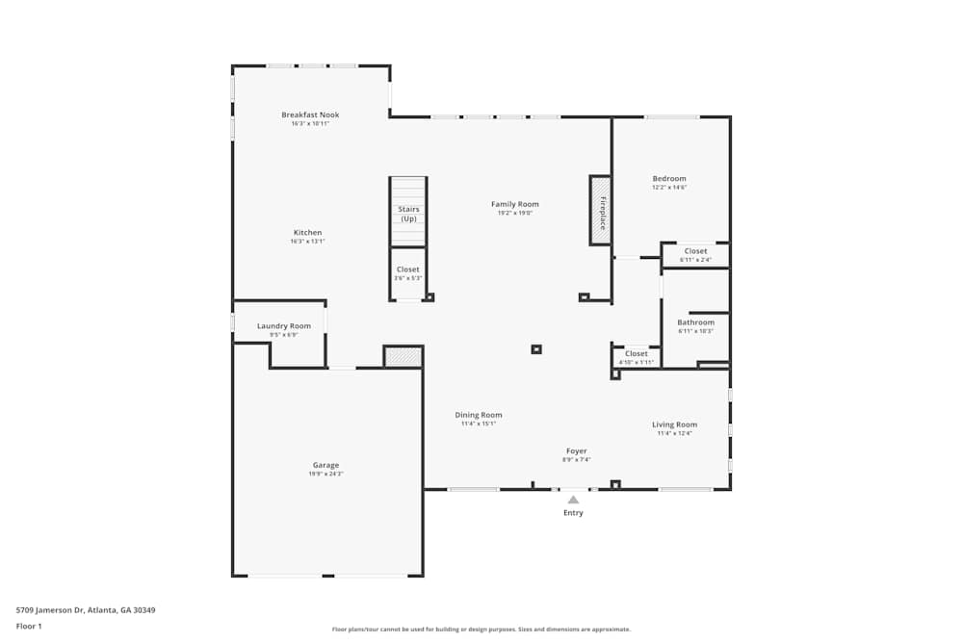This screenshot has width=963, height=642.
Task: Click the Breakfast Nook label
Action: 310,115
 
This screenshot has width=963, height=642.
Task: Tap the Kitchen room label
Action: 307,233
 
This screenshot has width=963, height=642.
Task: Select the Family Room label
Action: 515,204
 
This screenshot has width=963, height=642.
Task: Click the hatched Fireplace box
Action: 600,210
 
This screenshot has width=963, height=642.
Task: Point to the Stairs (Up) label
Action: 408,214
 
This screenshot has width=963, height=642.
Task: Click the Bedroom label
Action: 669,179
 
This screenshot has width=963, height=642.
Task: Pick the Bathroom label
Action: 695,322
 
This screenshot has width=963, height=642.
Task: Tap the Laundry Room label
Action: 284,326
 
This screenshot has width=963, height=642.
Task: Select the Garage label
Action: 325,465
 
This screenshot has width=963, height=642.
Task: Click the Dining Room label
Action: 479,415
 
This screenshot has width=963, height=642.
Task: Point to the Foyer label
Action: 576,450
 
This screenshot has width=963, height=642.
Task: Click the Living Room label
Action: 674,424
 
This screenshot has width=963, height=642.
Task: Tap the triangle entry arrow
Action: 573,500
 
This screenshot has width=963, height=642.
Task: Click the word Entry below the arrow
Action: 573,513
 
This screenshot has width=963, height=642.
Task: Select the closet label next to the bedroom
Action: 695,251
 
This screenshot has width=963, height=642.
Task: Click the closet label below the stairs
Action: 408,270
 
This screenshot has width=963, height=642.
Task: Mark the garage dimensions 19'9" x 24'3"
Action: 325,474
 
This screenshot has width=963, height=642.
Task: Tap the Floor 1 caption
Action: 29,626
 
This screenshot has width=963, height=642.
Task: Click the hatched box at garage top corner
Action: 403,357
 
